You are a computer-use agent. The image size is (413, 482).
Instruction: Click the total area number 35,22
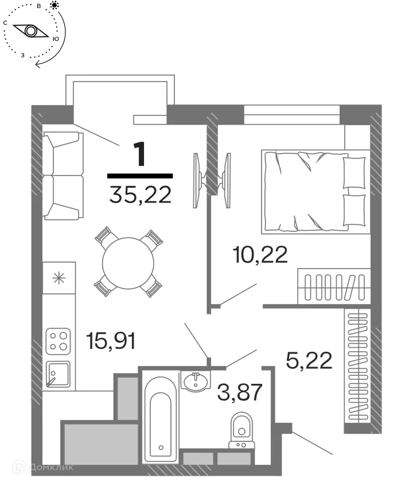140,196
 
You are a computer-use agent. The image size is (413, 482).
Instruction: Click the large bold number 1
140,155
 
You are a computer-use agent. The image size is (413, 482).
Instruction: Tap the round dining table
128,261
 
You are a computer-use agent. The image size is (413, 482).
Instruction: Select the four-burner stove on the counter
58,339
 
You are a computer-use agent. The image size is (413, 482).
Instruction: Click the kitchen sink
58,374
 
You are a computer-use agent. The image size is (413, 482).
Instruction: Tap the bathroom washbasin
197,380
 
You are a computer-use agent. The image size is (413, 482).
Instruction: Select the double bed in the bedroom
314,191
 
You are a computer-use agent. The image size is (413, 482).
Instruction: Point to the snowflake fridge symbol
58,279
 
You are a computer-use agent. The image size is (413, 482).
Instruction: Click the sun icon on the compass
54,6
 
